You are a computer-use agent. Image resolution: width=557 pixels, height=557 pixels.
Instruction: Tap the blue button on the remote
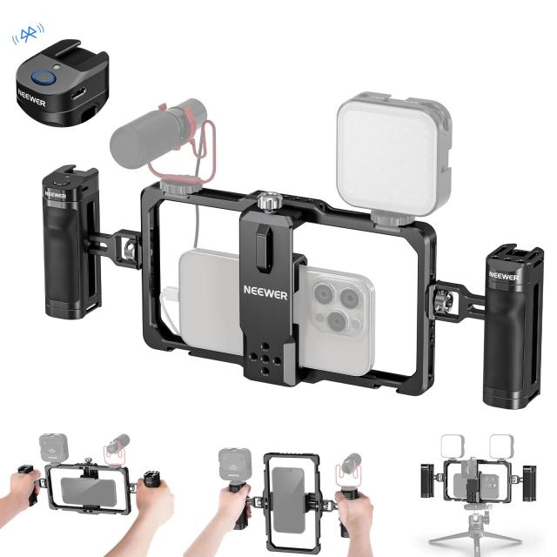[x=41, y=77]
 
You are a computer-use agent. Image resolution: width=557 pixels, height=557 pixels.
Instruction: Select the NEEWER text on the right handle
[x=503, y=275]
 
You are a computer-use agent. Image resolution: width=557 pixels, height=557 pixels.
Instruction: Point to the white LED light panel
[x=393, y=155]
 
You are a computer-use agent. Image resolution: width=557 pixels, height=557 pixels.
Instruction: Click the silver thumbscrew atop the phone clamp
[x=269, y=203]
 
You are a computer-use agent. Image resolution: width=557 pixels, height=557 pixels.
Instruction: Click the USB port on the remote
[x=80, y=92]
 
